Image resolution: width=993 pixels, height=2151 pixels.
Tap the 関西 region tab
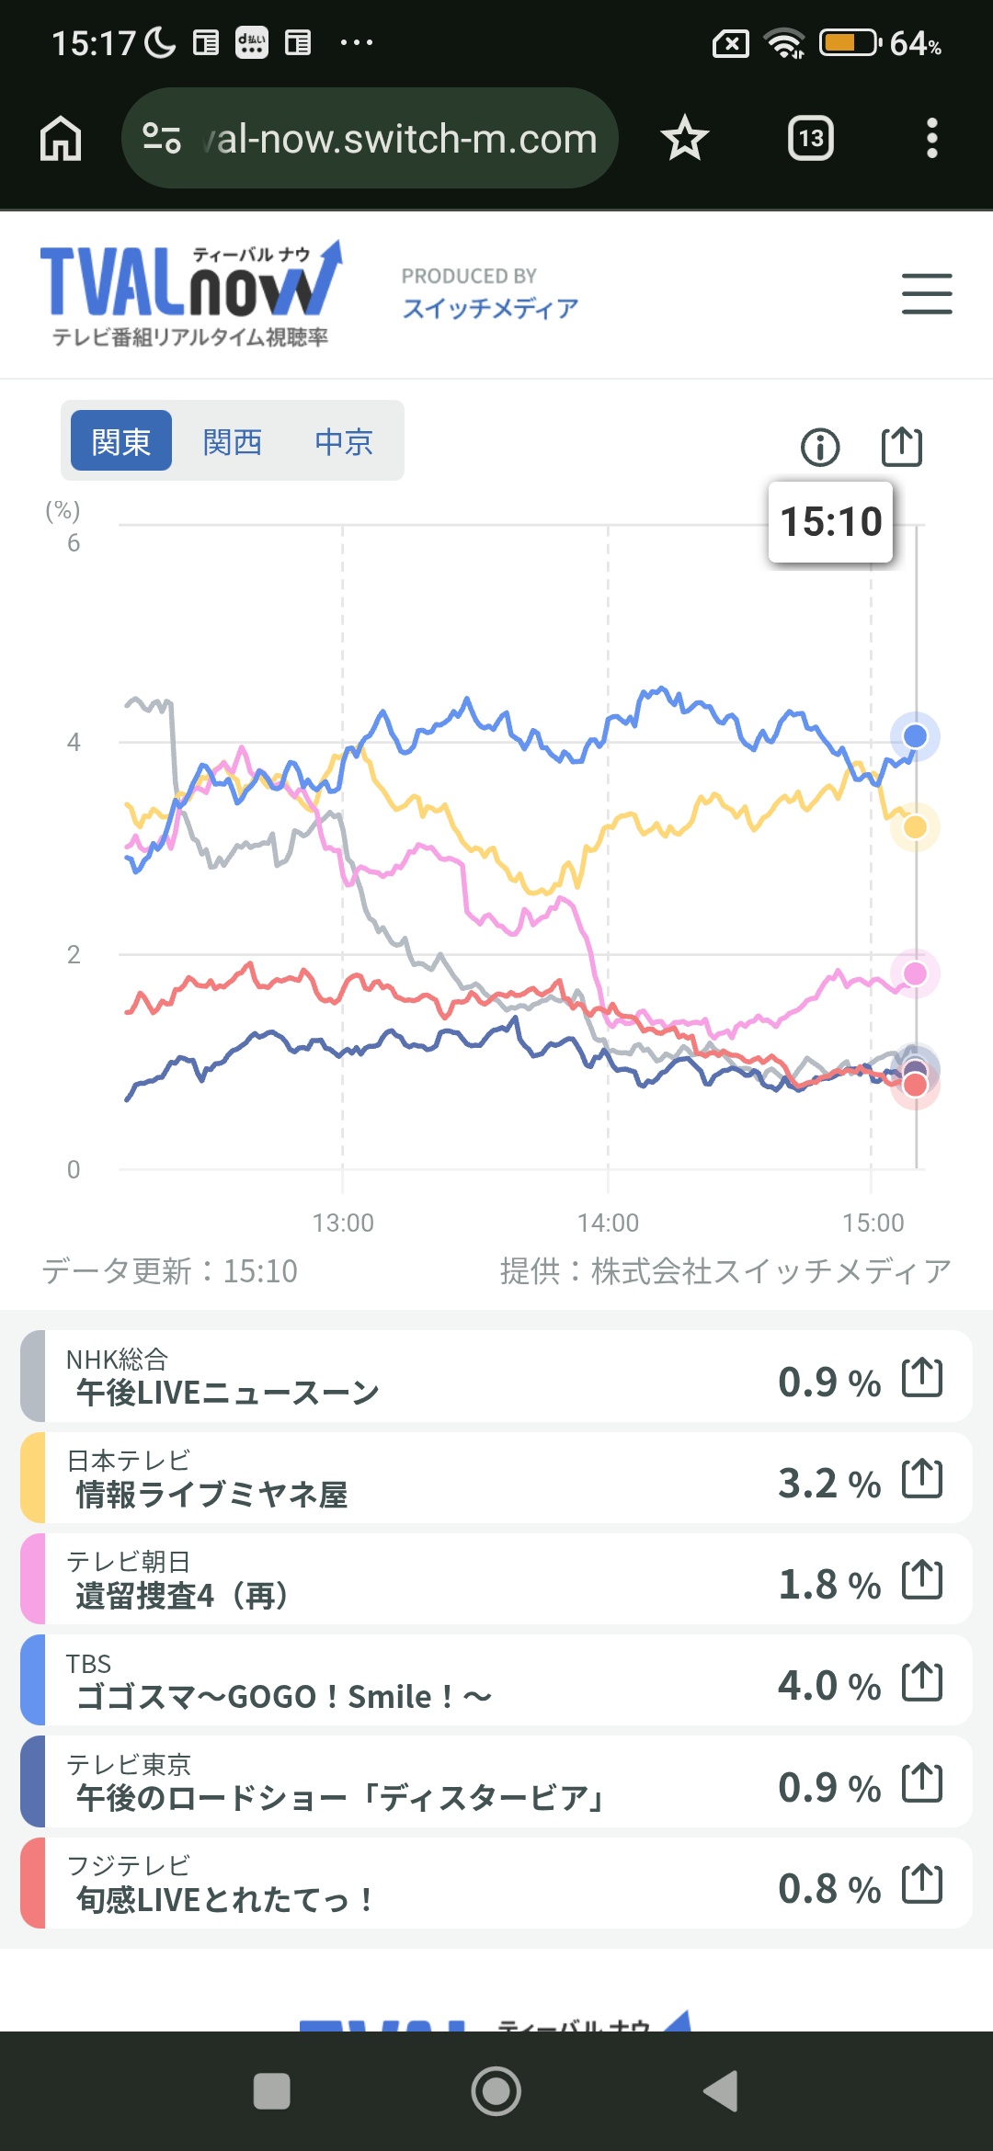(x=233, y=442)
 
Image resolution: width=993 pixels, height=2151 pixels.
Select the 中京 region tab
(x=344, y=442)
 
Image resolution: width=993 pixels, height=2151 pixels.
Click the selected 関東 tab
(x=121, y=441)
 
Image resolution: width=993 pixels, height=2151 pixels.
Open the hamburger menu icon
(x=926, y=294)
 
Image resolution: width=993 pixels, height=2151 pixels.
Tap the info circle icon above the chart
(x=820, y=448)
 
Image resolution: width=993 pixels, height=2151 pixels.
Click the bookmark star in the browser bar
(x=684, y=139)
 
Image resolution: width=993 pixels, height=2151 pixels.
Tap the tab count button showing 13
(x=810, y=139)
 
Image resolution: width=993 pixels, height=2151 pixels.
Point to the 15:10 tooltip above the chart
(x=830, y=521)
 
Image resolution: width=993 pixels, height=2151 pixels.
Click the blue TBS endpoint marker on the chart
(x=915, y=736)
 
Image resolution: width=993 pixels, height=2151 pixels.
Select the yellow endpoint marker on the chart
(x=915, y=827)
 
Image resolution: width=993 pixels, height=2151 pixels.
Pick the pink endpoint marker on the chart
(x=915, y=973)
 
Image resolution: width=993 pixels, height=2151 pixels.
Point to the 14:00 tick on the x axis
(x=608, y=1223)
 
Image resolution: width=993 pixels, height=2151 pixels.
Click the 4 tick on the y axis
(x=74, y=742)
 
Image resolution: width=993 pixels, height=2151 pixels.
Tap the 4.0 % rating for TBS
(x=828, y=1685)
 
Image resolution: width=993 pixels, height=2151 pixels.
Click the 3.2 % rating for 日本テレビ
(x=828, y=1483)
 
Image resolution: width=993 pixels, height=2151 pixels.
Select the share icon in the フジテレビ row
(x=922, y=1884)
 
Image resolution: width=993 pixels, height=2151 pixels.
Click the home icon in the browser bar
(x=61, y=139)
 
